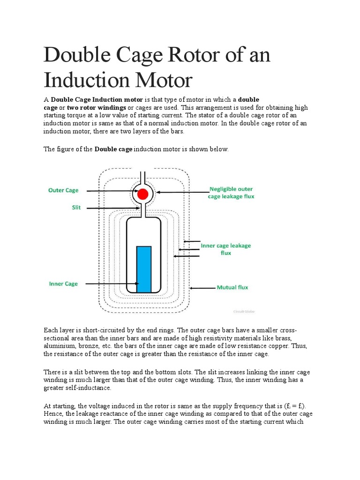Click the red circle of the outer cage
(143, 194)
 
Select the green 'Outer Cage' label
(63, 190)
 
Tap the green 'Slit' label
(76, 208)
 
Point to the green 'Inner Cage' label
(63, 284)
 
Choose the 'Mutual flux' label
(232, 287)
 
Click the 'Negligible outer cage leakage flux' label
(231, 193)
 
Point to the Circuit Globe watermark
(243, 311)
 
